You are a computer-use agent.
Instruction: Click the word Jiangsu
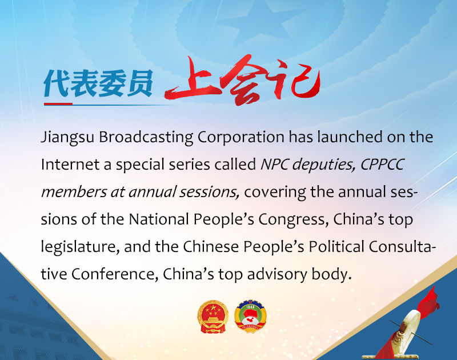coord(67,137)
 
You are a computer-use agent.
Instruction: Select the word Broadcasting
coord(146,137)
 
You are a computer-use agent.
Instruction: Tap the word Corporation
coord(241,137)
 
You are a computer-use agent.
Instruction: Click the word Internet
coord(70,164)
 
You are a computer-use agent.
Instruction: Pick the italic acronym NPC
coord(274,164)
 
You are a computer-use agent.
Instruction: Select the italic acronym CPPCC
coord(382,164)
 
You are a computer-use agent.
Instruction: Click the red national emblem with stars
coord(213,317)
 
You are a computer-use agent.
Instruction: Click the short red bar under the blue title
coord(58,104)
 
